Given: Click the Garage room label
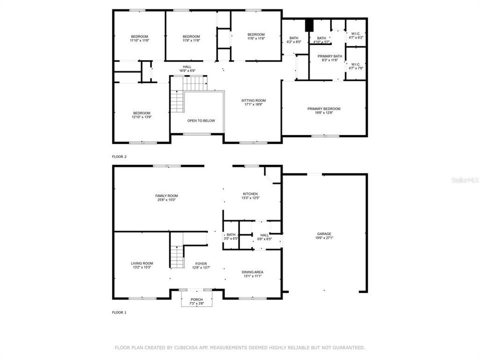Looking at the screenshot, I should coord(323,233).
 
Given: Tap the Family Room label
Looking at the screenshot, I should coord(166,195).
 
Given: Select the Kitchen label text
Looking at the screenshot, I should coord(250,193).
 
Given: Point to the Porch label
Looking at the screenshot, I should coord(196,299).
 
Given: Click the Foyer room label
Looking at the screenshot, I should coord(201,263).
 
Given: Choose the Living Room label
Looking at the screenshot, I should coord(142,263).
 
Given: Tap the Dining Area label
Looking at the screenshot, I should coord(252,272).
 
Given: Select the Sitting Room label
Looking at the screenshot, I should coord(255,100).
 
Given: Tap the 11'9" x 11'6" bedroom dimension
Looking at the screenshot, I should coord(191,40).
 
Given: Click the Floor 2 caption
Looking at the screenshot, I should coord(119,156).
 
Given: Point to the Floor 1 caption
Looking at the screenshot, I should coord(119,312).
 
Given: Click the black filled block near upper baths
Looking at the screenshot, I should coord(308,24).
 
